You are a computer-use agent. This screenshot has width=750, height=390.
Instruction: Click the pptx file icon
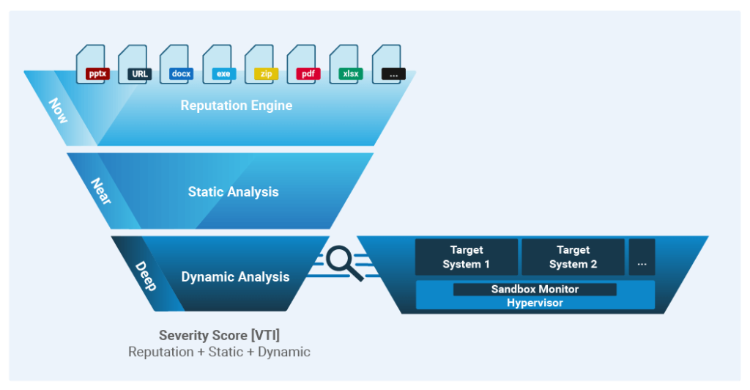click(93, 64)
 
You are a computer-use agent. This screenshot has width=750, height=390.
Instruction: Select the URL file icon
click(135, 64)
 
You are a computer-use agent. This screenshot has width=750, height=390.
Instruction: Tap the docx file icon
click(177, 64)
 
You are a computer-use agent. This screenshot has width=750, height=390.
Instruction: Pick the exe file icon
click(219, 64)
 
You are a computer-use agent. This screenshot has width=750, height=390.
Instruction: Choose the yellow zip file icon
click(261, 64)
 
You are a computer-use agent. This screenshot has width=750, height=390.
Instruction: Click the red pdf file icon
click(303, 64)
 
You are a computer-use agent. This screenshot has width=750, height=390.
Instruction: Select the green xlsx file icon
click(346, 64)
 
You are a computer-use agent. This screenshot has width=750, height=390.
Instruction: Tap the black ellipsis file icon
click(388, 64)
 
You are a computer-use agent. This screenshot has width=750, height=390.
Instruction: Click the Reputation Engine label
click(237, 106)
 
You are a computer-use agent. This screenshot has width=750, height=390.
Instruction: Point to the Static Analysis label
click(234, 192)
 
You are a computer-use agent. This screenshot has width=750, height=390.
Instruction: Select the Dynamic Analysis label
click(235, 277)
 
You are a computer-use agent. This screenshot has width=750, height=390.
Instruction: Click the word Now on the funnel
click(59, 111)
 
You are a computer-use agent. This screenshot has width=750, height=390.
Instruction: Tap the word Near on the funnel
click(101, 191)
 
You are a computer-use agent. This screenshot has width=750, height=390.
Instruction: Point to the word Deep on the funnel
click(146, 276)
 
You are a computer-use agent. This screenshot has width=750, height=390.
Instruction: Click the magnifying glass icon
click(344, 263)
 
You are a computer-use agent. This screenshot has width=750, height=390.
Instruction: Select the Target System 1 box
click(467, 257)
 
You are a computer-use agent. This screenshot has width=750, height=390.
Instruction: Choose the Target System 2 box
click(573, 257)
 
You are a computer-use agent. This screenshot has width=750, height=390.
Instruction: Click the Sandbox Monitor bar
click(535, 289)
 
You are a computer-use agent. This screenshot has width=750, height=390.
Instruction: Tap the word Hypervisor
click(535, 303)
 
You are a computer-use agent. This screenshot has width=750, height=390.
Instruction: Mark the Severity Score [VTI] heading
click(219, 336)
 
